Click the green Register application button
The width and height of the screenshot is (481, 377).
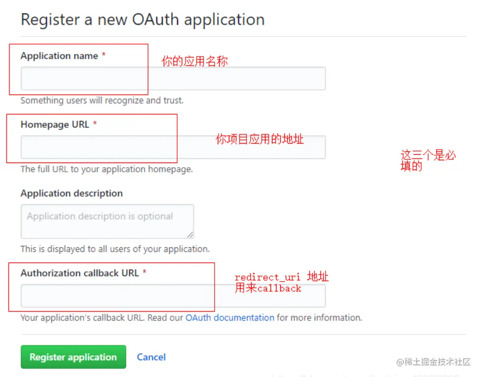(73, 357)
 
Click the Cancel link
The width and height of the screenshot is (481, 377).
(151, 357)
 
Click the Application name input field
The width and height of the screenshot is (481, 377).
(173, 78)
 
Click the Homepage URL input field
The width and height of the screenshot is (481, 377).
(173, 147)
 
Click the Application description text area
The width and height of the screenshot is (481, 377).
(107, 221)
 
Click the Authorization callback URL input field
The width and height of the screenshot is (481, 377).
(173, 295)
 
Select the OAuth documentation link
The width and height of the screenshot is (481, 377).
(230, 318)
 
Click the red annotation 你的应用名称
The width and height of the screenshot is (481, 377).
(194, 61)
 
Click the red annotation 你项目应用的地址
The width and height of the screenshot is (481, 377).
(259, 139)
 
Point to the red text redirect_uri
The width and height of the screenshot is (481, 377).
(267, 277)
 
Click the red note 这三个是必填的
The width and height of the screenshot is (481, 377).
(428, 161)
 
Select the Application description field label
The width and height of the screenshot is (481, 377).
(72, 193)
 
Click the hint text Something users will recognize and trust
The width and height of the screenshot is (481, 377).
(102, 100)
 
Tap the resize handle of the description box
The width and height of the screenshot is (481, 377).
(190, 235)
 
